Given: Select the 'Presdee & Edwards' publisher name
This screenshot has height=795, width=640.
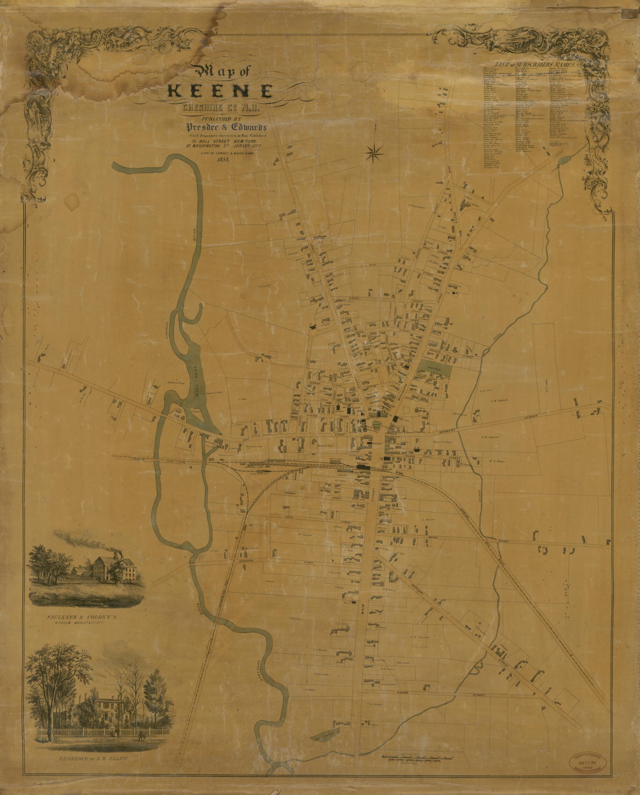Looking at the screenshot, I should click(225, 128).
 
